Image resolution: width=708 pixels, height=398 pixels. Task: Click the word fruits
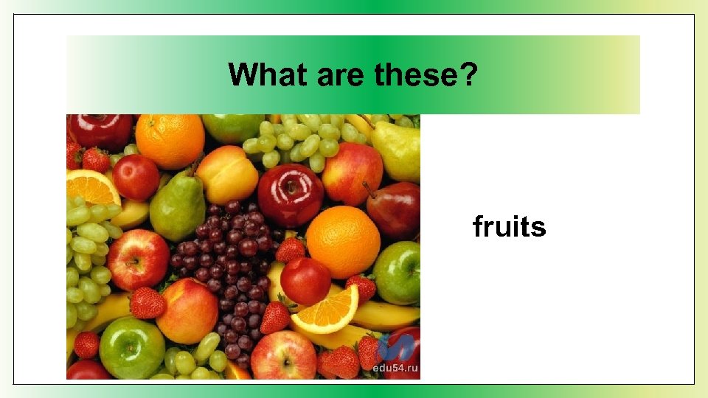[510, 227]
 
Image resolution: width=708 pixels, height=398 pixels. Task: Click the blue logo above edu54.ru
[395, 348]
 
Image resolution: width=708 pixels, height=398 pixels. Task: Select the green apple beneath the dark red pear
[398, 273]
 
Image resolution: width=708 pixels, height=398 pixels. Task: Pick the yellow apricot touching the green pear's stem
[226, 175]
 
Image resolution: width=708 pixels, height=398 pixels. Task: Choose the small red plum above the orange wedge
[305, 281]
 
